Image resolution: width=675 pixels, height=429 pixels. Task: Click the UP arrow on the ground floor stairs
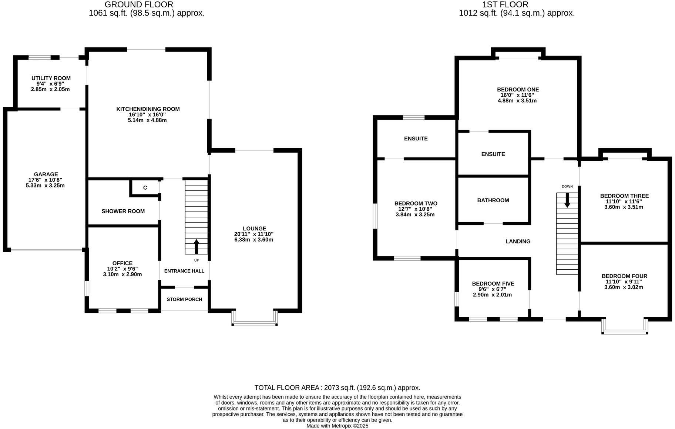(x=196, y=246)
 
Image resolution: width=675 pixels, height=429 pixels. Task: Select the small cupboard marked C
(x=145, y=188)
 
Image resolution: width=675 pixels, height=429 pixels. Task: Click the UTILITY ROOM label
(x=51, y=78)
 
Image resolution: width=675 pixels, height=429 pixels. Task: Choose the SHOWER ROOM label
(x=123, y=211)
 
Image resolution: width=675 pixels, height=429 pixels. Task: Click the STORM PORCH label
(x=184, y=299)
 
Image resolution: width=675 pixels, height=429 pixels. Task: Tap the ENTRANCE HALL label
(x=184, y=271)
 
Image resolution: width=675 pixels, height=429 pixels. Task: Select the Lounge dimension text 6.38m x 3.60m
(x=253, y=240)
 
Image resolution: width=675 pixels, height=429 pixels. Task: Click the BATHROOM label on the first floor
(x=493, y=200)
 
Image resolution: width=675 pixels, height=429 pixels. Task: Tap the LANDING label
(x=518, y=242)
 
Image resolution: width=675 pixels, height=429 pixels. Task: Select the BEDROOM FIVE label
(x=493, y=284)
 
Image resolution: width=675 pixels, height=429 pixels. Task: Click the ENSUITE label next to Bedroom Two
(x=416, y=139)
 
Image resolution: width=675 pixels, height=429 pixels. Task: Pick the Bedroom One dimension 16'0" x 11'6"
(x=517, y=95)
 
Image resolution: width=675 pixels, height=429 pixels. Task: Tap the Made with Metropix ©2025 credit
(x=337, y=426)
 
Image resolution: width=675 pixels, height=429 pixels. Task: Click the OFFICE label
(x=122, y=263)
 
